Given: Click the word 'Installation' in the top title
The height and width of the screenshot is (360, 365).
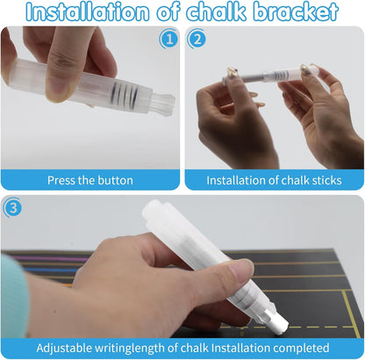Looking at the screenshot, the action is coord(87,12).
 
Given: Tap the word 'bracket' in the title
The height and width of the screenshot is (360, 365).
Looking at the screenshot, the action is coord(296,11).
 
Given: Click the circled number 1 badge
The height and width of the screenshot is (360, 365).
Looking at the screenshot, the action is coord(168,40).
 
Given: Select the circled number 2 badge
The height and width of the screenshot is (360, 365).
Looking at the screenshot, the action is coord(197,39).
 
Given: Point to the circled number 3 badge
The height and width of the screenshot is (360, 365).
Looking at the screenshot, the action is coord(12,208).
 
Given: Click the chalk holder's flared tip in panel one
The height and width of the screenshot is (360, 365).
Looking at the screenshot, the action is coord(163,104).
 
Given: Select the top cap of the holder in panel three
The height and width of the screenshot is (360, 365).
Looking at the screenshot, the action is coord(154,212).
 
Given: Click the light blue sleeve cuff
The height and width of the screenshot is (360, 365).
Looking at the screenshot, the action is coord(14,297).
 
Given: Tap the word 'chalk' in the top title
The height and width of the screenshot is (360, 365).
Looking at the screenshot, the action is coord(217,11).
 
